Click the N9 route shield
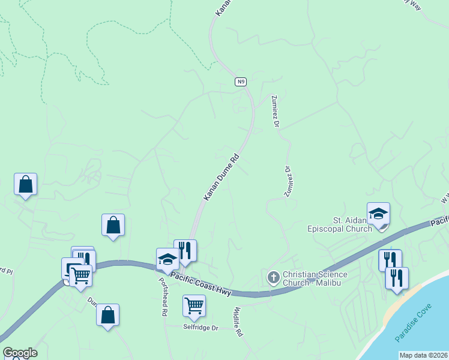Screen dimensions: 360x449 pos(240,82)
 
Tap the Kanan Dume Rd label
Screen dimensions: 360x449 pos(221,178)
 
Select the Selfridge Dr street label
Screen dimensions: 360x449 pos(201,328)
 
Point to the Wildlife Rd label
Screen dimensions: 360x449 pos(238,321)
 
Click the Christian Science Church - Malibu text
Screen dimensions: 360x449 pos(315,279)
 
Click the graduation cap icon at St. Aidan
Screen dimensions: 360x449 pos(378,214)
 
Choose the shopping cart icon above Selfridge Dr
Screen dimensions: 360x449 pos(194,306)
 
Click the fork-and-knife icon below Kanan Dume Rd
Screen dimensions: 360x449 pos(185,251)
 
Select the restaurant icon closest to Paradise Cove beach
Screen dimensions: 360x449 pos(397,278)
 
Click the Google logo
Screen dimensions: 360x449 pos(19,353)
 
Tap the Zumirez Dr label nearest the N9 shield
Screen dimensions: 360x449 pos(276,112)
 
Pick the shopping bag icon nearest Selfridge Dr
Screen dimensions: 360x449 pos(107,315)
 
